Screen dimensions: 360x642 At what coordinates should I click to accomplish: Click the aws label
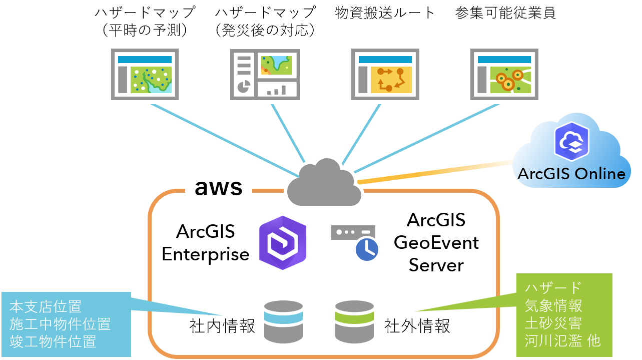tap(218, 188)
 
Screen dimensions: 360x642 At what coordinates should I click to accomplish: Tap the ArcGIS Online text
tap(571, 174)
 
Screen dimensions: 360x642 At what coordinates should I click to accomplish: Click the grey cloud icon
tap(324, 184)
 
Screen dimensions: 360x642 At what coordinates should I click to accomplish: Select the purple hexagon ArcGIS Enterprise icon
tap(283, 243)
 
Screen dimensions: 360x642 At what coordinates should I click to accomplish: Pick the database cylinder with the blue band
tap(284, 322)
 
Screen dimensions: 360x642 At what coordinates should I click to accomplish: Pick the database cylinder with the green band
tap(354, 322)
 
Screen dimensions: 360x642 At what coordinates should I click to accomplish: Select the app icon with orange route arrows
tap(385, 75)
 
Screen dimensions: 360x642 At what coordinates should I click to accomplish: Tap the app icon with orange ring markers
tap(504, 75)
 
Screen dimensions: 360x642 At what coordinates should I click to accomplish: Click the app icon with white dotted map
tap(145, 75)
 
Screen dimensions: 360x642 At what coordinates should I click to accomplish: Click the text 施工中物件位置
tap(60, 324)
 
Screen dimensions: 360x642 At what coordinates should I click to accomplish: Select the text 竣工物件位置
tap(53, 341)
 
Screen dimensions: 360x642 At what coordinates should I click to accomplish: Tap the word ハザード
tap(553, 288)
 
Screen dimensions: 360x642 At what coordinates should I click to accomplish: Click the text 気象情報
tap(553, 305)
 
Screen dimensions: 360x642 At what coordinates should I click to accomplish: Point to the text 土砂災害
tap(553, 323)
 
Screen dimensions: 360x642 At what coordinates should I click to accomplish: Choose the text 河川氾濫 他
tap(562, 341)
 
